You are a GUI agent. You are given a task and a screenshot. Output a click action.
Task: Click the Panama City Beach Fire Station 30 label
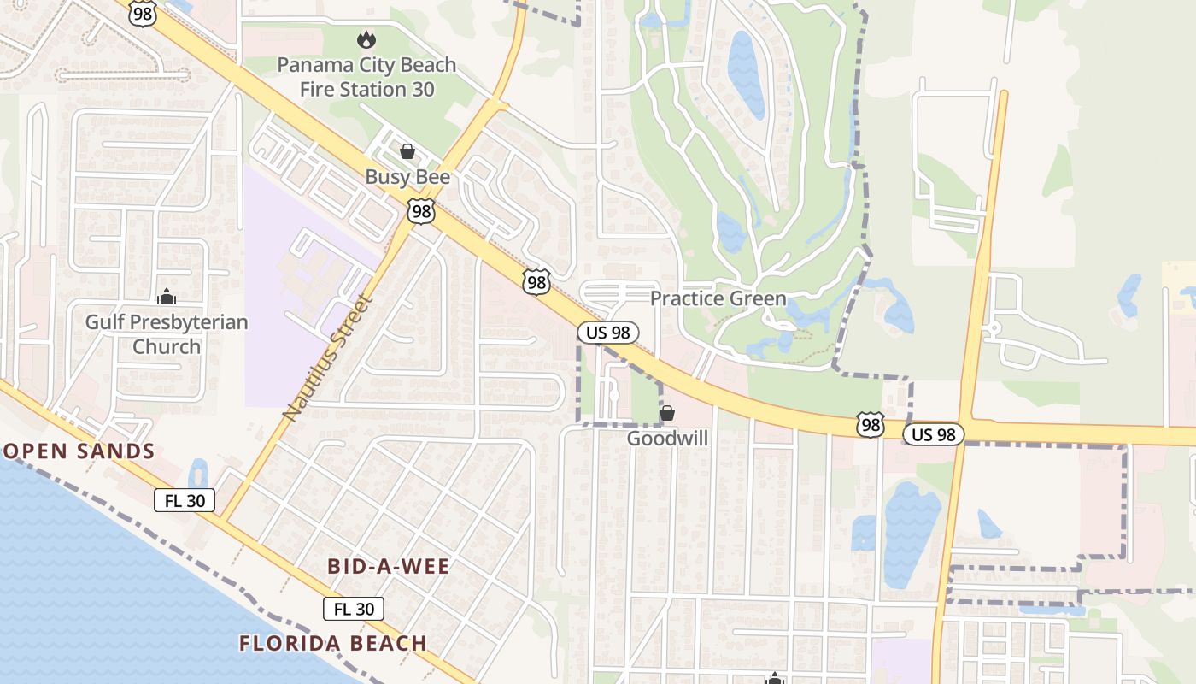[x=366, y=77]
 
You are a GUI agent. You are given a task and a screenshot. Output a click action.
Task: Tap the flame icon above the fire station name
[x=366, y=39]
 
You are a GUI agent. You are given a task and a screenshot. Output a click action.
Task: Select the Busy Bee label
[x=407, y=177]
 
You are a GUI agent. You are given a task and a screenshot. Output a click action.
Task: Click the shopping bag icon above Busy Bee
[x=407, y=151]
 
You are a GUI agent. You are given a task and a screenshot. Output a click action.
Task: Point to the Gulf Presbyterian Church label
[x=167, y=334]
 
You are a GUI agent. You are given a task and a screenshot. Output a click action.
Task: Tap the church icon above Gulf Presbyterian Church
[x=167, y=297]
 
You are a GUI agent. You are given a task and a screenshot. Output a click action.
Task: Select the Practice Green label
[x=718, y=298]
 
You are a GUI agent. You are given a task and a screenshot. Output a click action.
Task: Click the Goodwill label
[x=667, y=439]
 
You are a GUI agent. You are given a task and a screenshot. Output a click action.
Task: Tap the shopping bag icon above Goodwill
[x=666, y=414]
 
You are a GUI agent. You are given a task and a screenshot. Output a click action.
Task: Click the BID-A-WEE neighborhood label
[x=389, y=567]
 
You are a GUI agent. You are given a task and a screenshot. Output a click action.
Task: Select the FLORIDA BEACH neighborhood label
[x=332, y=643]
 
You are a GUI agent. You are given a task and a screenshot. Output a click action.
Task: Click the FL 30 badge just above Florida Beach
[x=354, y=609]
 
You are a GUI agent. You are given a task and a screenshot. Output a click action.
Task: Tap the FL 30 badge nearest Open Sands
[x=185, y=501]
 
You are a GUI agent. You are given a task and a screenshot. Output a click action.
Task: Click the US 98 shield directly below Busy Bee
[x=421, y=211]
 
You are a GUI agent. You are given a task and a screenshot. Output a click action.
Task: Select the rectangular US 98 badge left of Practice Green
[x=608, y=333]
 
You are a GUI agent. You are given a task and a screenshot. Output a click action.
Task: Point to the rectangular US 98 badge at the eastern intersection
[x=934, y=434]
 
